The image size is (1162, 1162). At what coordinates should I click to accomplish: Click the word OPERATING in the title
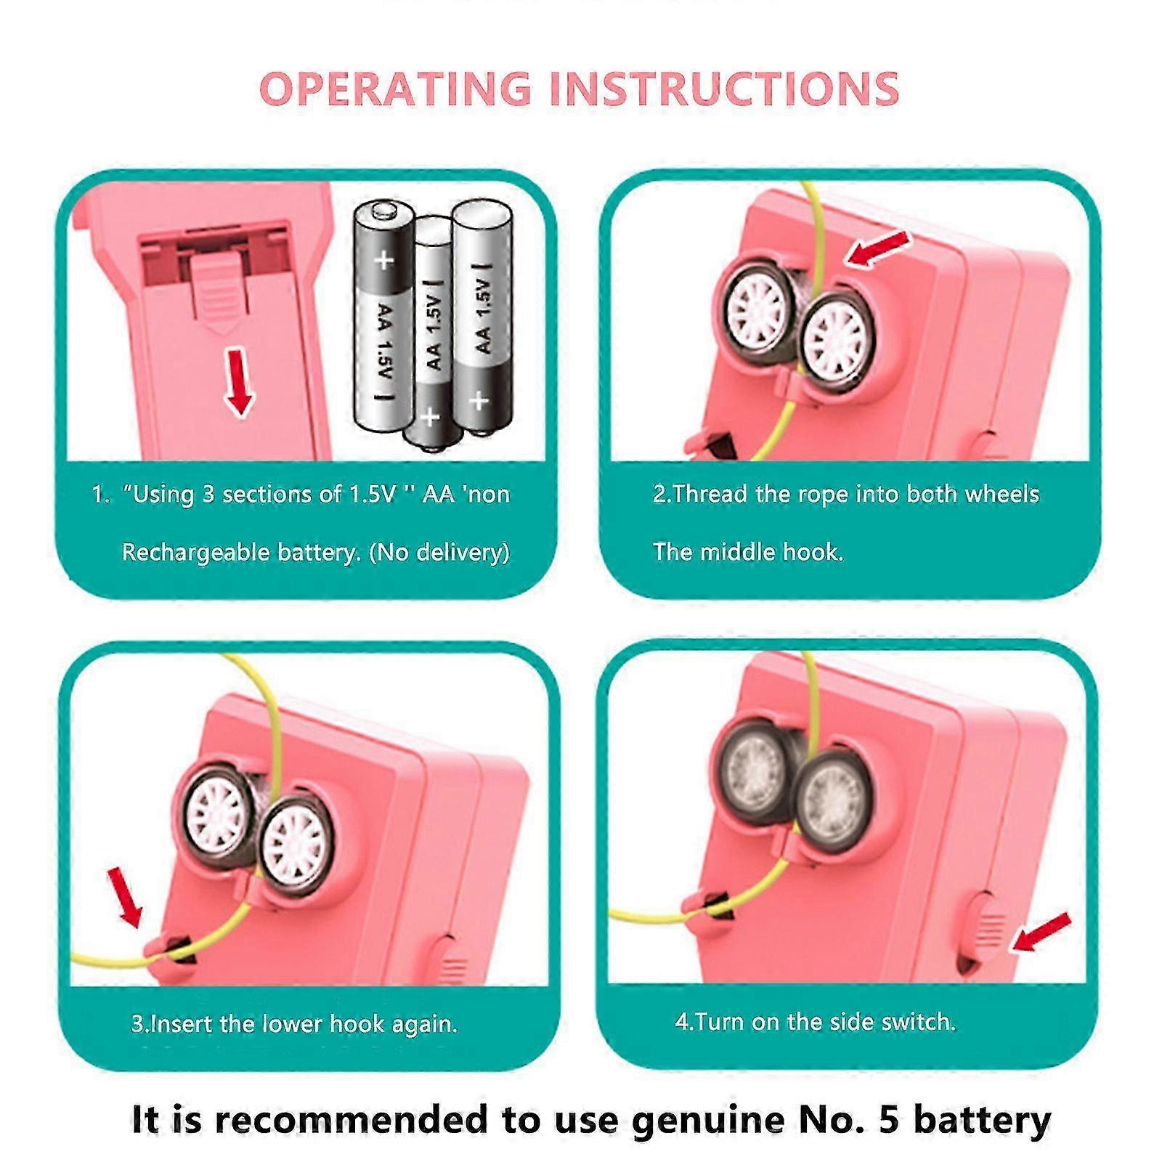pyautogui.click(x=396, y=89)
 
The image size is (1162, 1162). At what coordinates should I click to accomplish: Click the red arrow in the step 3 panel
pyautogui.click(x=125, y=898)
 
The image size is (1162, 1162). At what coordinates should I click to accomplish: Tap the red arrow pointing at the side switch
pyautogui.click(x=1041, y=932)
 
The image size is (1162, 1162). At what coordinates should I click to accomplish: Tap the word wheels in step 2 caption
pyautogui.click(x=1002, y=495)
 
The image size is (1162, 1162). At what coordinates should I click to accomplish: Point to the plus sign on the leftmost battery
pyautogui.click(x=383, y=260)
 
